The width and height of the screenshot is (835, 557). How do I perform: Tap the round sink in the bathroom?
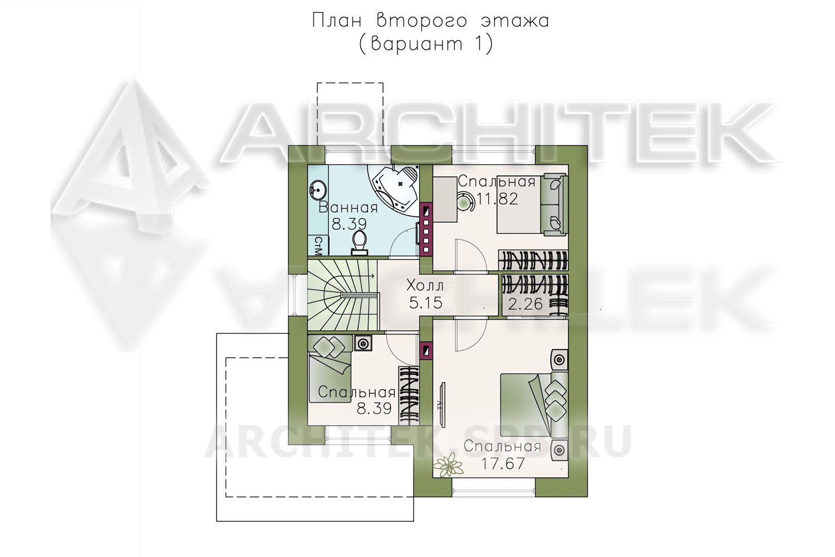pyautogui.click(x=318, y=190)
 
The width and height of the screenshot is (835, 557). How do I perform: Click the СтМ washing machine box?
pyautogui.click(x=318, y=246)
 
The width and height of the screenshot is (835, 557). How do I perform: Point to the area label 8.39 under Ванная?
pyautogui.click(x=349, y=224)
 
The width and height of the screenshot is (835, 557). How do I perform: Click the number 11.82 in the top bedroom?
pyautogui.click(x=497, y=199)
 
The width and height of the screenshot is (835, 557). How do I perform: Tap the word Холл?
pyautogui.click(x=425, y=286)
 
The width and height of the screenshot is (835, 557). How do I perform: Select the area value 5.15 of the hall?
pyautogui.click(x=425, y=302)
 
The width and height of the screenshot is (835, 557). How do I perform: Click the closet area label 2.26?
pyautogui.click(x=525, y=305)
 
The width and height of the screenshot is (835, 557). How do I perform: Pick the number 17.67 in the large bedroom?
pyautogui.click(x=503, y=464)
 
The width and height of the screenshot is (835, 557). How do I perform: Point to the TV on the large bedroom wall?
pyautogui.click(x=442, y=405)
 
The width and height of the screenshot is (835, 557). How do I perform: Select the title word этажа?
pyautogui.click(x=514, y=21)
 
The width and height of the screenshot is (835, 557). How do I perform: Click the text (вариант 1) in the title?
pyautogui.click(x=426, y=44)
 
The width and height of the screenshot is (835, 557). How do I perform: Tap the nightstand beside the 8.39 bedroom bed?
pyautogui.click(x=363, y=343)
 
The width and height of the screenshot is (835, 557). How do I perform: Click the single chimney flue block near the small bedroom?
pyautogui.click(x=426, y=351)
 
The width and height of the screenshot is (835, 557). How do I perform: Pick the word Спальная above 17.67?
pyautogui.click(x=502, y=447)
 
